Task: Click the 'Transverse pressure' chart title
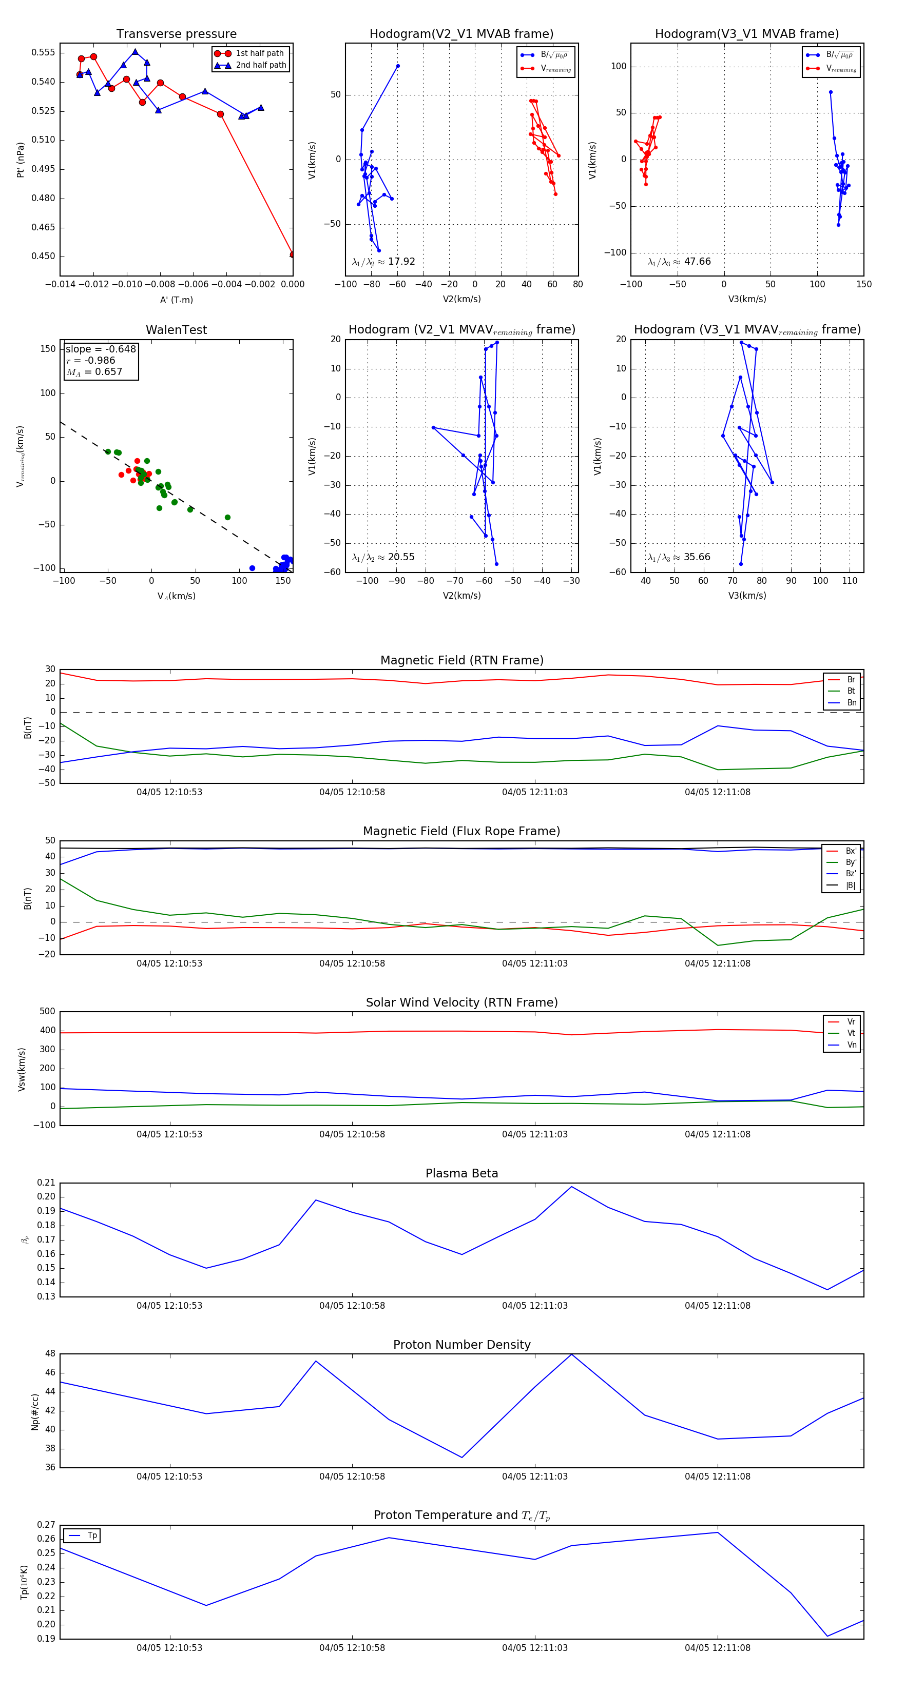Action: click(x=176, y=34)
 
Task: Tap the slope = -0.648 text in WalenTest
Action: click(x=101, y=349)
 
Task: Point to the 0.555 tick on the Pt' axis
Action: click(x=44, y=52)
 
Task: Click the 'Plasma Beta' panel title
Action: click(x=461, y=1173)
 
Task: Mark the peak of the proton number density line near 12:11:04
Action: click(x=571, y=1354)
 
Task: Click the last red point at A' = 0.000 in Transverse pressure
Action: click(x=293, y=254)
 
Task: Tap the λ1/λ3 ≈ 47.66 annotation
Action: click(x=679, y=262)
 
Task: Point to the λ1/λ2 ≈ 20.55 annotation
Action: click(x=383, y=557)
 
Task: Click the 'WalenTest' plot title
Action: click(x=176, y=330)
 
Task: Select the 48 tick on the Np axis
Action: click(x=50, y=1354)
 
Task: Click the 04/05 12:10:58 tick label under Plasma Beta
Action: click(x=352, y=1305)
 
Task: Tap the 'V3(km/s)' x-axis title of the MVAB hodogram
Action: click(x=746, y=299)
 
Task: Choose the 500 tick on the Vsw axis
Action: click(x=47, y=1012)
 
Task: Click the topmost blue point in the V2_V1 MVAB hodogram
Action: click(x=398, y=66)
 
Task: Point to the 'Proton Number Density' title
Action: click(x=461, y=1345)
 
